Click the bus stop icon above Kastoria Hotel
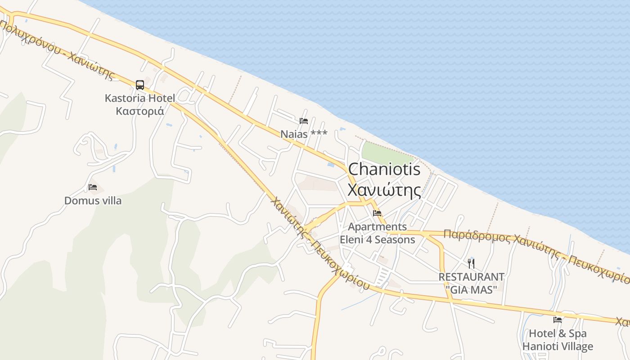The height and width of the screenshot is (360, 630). (x=140, y=85)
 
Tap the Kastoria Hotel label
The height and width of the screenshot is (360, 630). (x=139, y=98)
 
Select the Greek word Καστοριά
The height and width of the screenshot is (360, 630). (x=139, y=111)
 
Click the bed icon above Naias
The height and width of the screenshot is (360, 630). (x=304, y=121)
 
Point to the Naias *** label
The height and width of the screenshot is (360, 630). (x=304, y=134)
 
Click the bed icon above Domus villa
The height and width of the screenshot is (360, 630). (x=93, y=187)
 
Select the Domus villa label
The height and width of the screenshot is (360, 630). (x=93, y=201)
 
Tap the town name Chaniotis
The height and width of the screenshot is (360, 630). (x=384, y=169)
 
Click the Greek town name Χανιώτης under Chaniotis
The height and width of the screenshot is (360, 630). (x=384, y=189)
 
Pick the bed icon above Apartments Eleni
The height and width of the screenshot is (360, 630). (x=377, y=213)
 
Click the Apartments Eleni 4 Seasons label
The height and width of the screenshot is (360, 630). (x=377, y=233)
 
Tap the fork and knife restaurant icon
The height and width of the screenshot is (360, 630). (x=471, y=264)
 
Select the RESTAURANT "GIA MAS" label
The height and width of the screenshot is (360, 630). (x=471, y=283)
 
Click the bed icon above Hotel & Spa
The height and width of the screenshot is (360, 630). (x=558, y=320)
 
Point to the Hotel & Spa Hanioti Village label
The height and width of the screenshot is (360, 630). (x=558, y=340)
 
